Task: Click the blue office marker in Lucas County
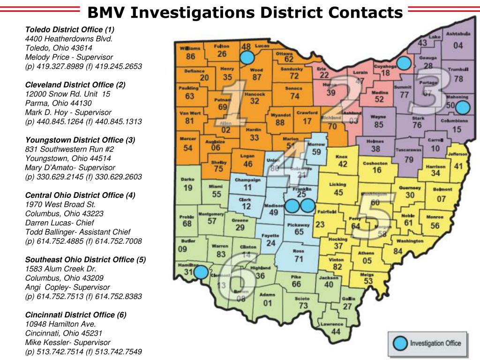pos(247,58)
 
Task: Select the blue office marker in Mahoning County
pos(463,108)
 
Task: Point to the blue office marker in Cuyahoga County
pos(403,63)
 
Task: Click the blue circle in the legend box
pos(400,343)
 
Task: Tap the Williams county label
pos(189,49)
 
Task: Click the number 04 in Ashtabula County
pos(457,45)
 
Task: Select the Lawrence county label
pos(332,324)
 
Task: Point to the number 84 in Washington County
pos(397,251)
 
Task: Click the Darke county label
pos(187,179)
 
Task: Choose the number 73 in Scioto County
pos(303,306)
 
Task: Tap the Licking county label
pos(338,185)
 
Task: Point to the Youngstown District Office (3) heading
pos(80,140)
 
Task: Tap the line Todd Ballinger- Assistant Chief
pos(78,232)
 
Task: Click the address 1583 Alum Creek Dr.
pos(60,269)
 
